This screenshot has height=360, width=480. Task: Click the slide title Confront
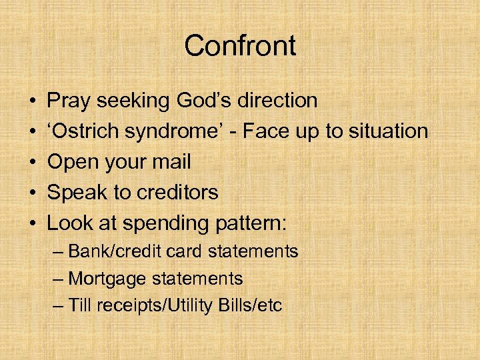240,46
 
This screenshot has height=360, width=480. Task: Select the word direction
279,101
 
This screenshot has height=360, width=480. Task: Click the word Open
73,162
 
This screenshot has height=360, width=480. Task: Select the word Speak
77,193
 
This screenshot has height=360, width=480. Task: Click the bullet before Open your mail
33,162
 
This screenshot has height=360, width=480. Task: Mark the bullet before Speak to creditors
33,193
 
